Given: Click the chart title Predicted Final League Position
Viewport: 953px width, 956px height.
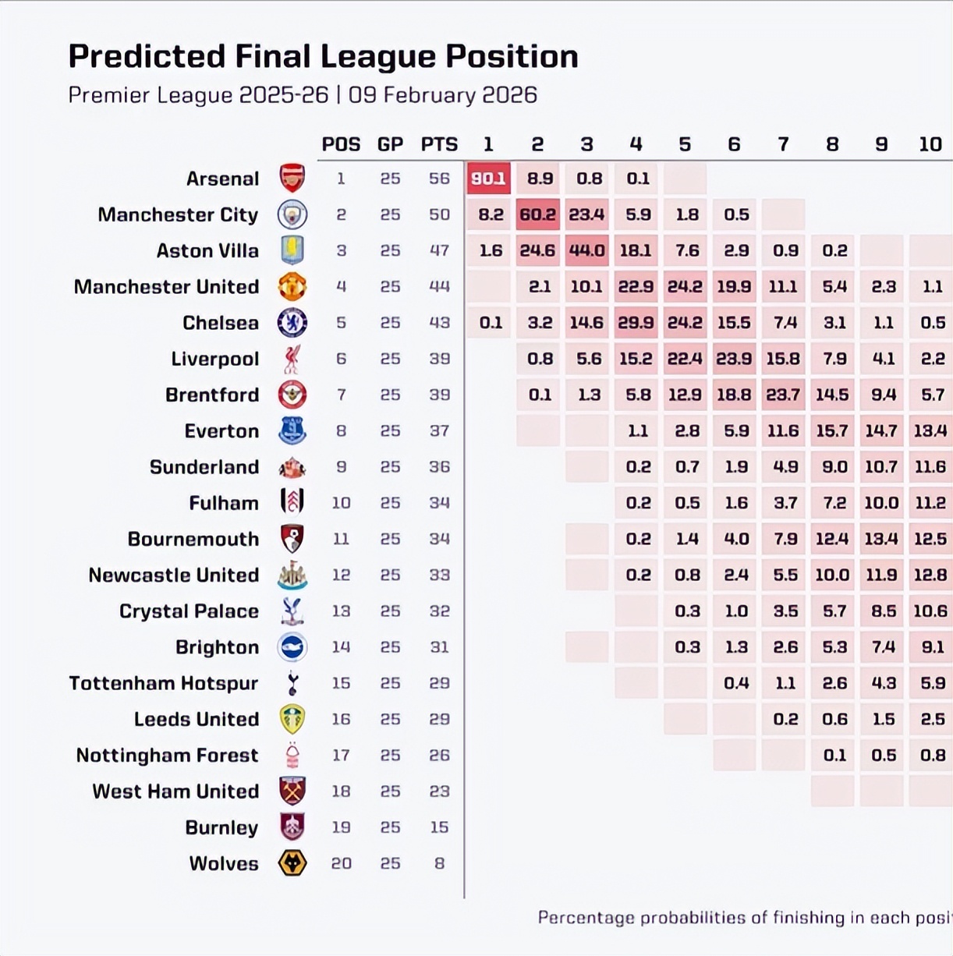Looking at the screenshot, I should point(323,57).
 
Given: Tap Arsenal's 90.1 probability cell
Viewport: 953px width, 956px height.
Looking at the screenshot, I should point(488,179).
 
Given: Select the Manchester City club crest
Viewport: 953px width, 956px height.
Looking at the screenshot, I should point(292,214).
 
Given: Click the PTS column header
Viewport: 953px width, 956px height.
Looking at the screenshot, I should point(439,144).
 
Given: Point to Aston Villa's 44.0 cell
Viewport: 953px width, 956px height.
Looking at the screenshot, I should point(586,250).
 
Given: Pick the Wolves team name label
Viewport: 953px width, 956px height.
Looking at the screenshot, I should point(224,863).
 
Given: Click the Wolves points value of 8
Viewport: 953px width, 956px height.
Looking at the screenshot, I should point(440,863).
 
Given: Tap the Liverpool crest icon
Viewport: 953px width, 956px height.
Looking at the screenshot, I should point(292,359).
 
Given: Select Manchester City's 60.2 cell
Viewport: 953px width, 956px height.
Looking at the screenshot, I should point(537,214).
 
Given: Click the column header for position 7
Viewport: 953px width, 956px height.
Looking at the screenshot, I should point(783,144).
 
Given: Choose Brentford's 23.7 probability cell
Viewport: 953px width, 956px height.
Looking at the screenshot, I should point(783,395).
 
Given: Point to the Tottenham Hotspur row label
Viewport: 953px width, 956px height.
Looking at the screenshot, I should point(163,683).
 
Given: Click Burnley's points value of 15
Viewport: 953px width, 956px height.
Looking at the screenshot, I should point(439,827).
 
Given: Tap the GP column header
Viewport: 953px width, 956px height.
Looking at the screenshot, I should point(390,144).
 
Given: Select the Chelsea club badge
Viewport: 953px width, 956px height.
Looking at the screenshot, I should point(292,323).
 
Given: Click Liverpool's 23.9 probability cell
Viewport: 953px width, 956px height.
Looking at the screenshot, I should point(734,359).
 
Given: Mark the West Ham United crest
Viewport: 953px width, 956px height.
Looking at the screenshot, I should point(292,791).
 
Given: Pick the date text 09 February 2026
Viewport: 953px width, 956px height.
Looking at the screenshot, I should point(443,95).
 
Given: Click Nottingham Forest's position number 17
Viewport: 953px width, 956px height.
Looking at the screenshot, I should point(341,755).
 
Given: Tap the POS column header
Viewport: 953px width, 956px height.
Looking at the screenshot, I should point(341,144).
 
